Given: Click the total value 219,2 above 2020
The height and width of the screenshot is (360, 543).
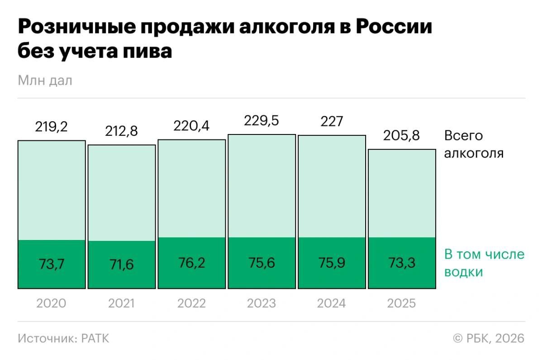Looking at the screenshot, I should pyautogui.click(x=51, y=127).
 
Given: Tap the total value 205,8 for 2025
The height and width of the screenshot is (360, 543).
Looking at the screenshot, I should pyautogui.click(x=401, y=135).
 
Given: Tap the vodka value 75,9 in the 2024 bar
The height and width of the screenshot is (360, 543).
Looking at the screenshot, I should pyautogui.click(x=331, y=263).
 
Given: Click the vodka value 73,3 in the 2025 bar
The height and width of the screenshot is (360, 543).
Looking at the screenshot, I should pyautogui.click(x=401, y=263).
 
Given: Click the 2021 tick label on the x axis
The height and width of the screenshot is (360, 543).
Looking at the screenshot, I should pyautogui.click(x=121, y=303).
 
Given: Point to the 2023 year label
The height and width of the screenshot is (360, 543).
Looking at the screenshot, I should pyautogui.click(x=262, y=303).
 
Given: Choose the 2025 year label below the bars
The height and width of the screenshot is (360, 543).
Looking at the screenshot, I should pyautogui.click(x=401, y=303).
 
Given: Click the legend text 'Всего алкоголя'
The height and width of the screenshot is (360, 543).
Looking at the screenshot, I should pyautogui.click(x=473, y=144).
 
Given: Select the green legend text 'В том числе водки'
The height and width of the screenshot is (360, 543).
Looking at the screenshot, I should pyautogui.click(x=484, y=263).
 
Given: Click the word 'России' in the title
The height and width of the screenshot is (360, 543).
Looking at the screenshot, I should pyautogui.click(x=394, y=27).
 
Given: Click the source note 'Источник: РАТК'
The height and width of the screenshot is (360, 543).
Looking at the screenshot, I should pyautogui.click(x=63, y=338).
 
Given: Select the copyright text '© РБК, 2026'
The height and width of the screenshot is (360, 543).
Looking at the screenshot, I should pyautogui.click(x=488, y=338).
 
